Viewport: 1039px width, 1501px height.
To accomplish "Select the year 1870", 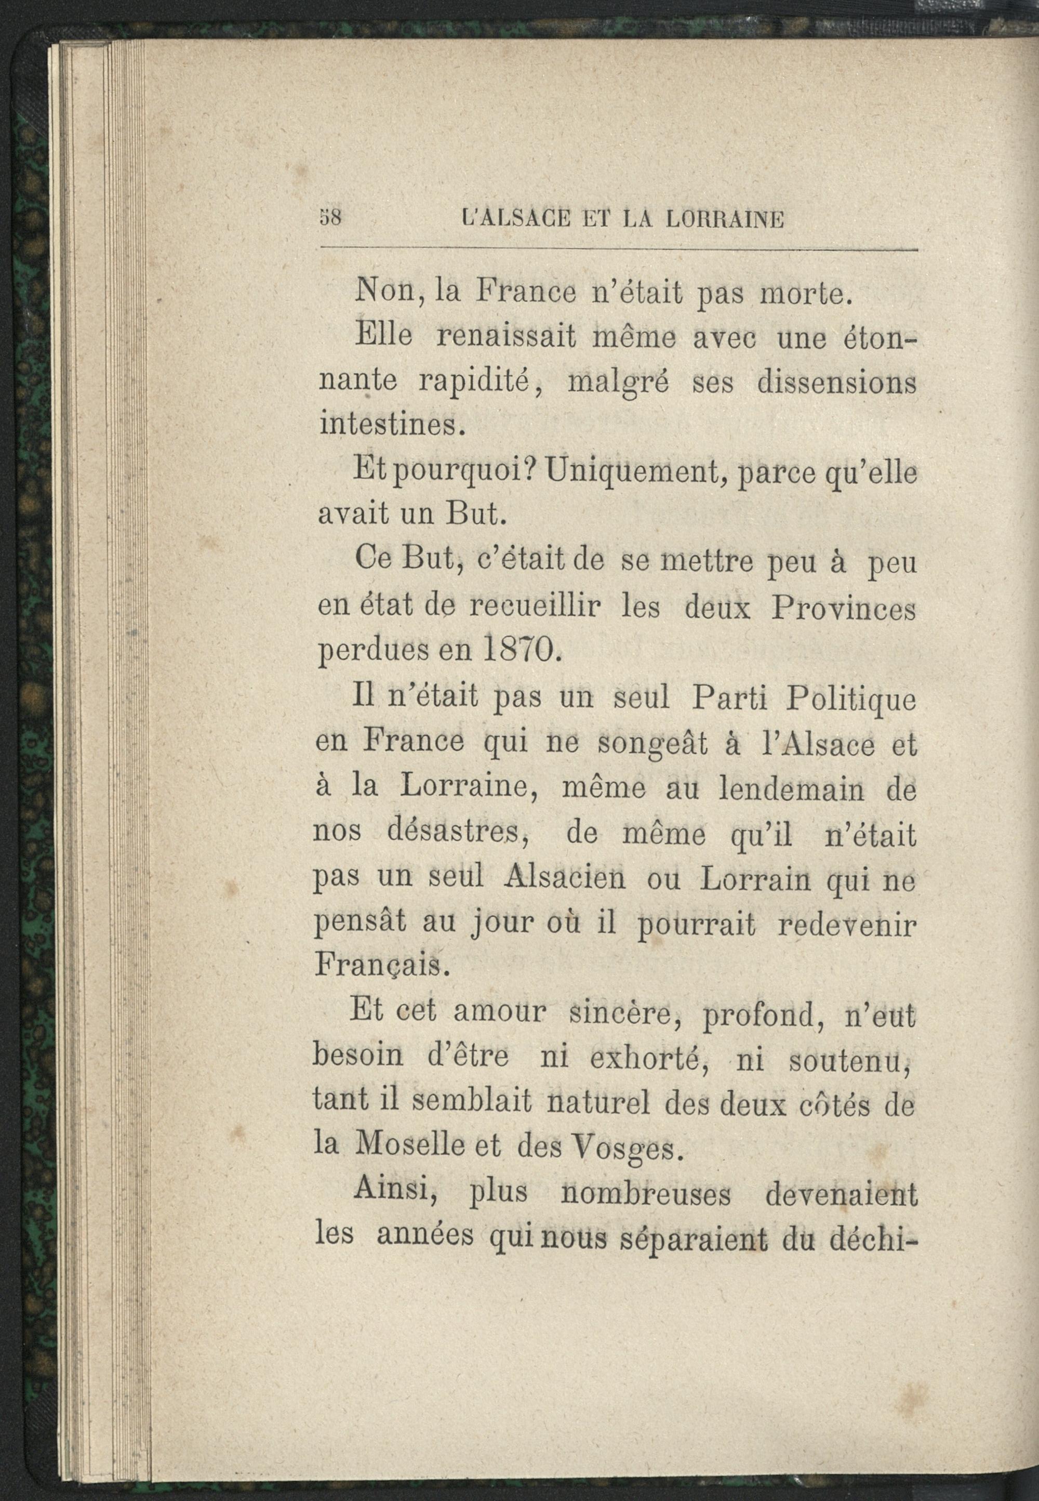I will coord(519,649).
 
